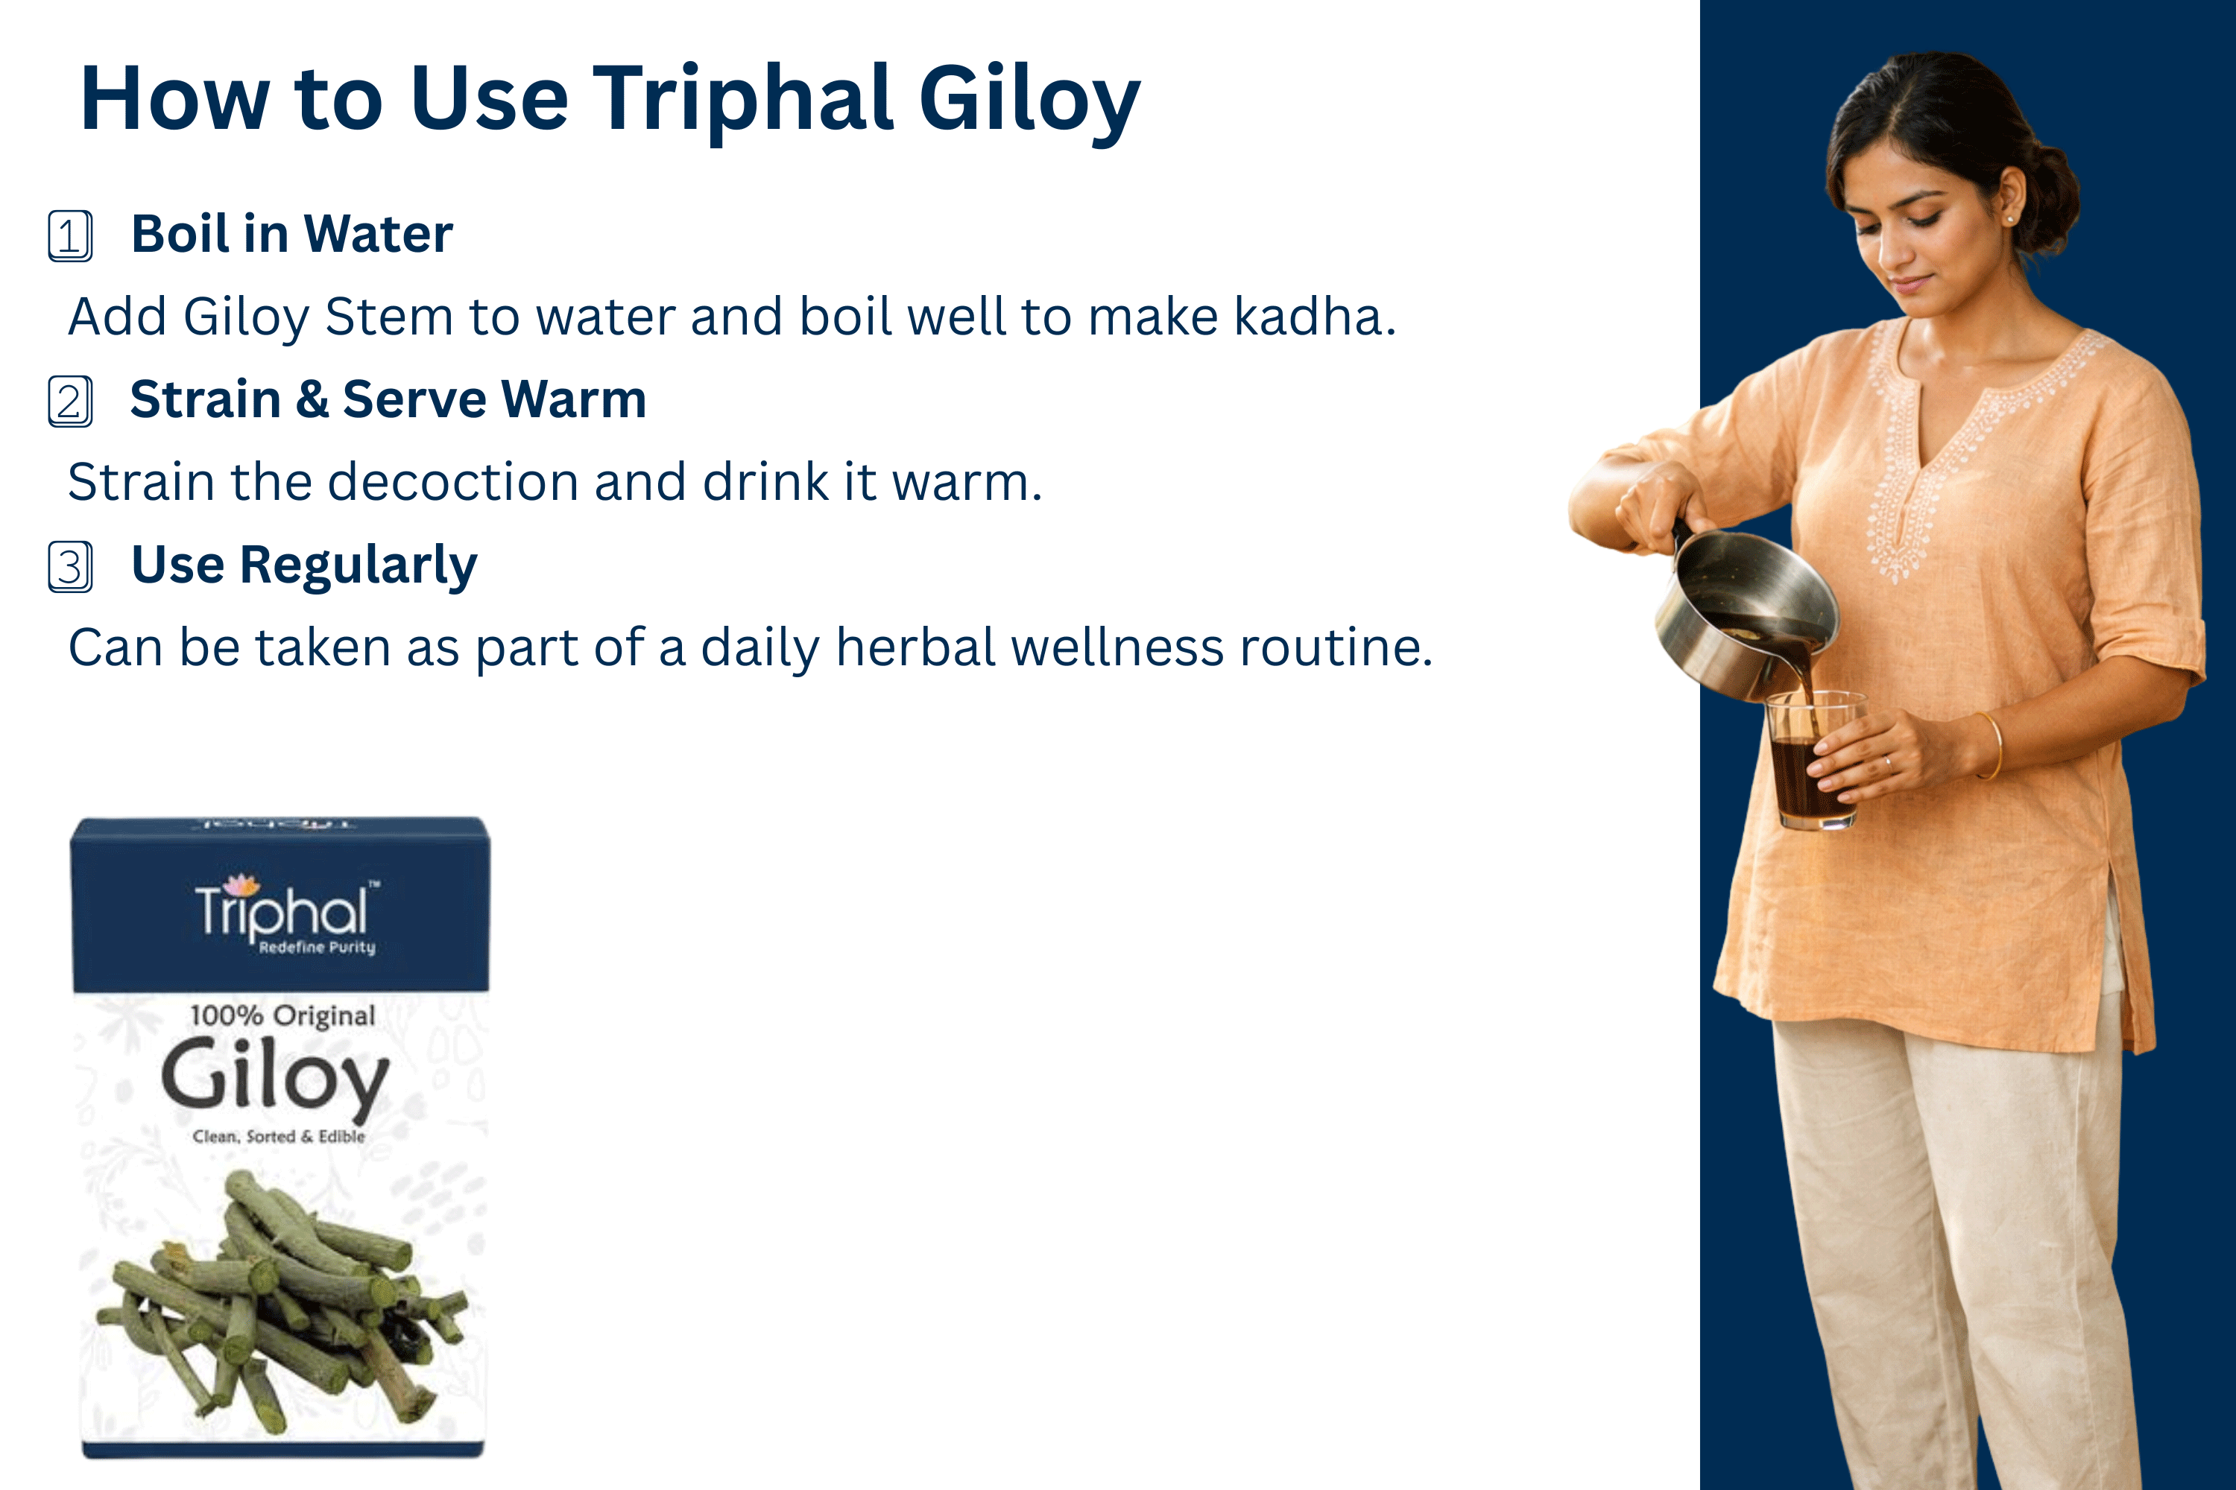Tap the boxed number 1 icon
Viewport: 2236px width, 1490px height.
(x=70, y=235)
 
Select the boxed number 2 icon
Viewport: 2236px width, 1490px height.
(x=70, y=401)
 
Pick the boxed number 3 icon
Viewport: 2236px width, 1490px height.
(x=70, y=566)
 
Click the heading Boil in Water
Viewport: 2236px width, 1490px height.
(x=292, y=234)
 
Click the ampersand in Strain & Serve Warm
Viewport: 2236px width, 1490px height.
(x=312, y=399)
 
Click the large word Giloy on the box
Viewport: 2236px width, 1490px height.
(x=276, y=1079)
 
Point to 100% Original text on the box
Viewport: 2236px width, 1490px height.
(x=282, y=1016)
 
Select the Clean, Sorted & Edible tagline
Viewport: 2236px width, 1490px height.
(x=279, y=1137)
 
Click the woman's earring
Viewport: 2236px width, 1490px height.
(x=2009, y=218)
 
